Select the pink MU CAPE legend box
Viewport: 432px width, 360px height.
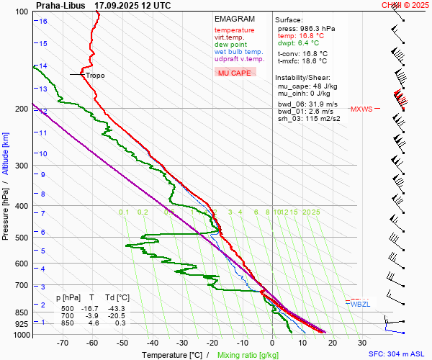235,73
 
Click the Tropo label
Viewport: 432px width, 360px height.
95,75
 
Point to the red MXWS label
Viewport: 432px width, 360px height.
361,109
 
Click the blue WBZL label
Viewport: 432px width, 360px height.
359,305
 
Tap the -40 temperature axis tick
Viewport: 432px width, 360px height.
153,343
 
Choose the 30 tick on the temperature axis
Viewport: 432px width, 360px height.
362,343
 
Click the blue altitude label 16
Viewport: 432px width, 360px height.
43,22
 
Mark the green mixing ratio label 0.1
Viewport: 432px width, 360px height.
124,212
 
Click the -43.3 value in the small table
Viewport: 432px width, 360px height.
116,307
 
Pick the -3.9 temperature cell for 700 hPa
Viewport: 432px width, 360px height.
92,315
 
